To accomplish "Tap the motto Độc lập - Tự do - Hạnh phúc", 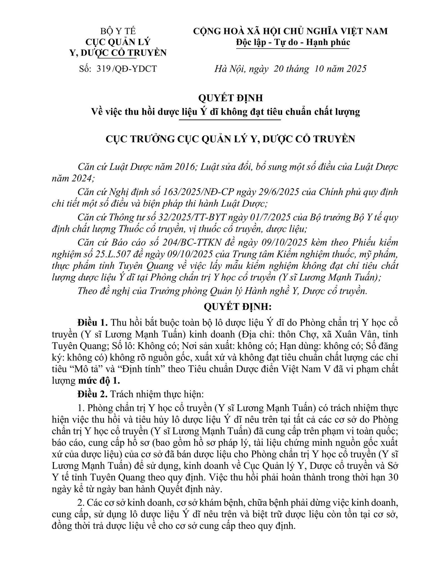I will tap(293, 42).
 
